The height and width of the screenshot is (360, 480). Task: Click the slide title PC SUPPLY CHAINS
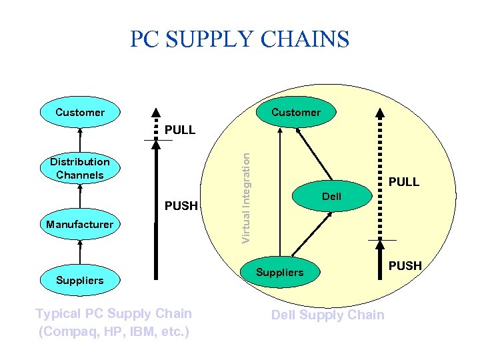click(x=239, y=39)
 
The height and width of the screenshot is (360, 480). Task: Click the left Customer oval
click(x=80, y=112)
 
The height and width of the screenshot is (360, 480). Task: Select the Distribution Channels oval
click(x=80, y=169)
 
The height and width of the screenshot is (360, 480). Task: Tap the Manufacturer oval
click(x=80, y=225)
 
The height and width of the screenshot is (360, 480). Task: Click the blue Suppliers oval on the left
click(x=80, y=280)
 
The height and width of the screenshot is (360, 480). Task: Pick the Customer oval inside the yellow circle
click(x=295, y=112)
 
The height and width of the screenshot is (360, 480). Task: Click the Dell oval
click(x=331, y=197)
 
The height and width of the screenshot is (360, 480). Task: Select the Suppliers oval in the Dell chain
click(x=280, y=272)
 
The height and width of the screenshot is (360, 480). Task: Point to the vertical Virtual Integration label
click(x=245, y=197)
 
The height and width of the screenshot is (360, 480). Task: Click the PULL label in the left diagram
click(x=180, y=130)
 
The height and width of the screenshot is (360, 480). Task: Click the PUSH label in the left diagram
click(x=181, y=205)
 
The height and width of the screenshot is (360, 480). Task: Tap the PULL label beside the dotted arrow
click(x=404, y=181)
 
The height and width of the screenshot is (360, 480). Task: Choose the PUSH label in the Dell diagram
click(x=405, y=265)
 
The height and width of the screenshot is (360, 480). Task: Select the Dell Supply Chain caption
click(x=327, y=315)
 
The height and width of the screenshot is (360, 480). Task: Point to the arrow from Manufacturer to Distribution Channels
click(x=80, y=197)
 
